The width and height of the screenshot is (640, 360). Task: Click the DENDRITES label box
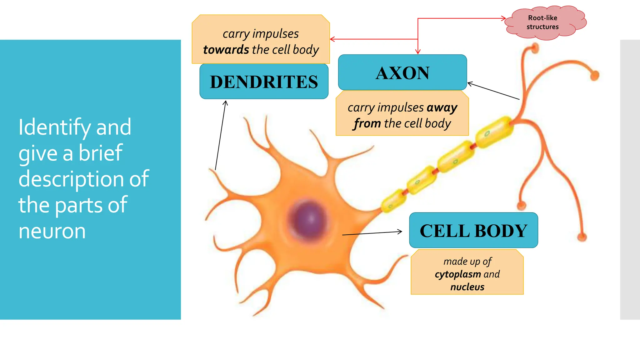point(264,82)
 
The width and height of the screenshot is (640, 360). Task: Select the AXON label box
point(402,72)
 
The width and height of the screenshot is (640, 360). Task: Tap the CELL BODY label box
point(473,231)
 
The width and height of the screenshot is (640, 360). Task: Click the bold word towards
point(226,50)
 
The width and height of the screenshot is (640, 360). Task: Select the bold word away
point(442,107)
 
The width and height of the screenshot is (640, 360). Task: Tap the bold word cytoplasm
point(458,274)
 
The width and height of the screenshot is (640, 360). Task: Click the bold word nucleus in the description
point(467,287)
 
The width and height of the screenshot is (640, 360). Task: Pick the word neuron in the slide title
point(52,231)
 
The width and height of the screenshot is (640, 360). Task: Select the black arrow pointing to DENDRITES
point(220,135)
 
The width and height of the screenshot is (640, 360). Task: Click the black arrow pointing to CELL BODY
point(372,233)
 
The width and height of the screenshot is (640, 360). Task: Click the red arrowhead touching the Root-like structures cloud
point(503,18)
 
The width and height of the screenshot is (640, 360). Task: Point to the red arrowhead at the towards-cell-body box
point(332,39)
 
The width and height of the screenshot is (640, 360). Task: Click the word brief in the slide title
point(100,153)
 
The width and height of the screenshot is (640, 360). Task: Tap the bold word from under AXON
point(367,123)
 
